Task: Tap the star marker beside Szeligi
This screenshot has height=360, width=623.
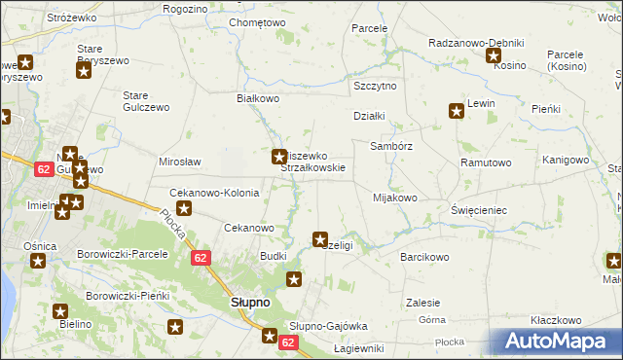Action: [319, 238]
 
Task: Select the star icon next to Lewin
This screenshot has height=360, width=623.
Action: [455, 111]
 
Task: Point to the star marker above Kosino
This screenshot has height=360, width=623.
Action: [494, 54]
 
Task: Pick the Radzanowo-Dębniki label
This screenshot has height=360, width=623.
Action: [477, 43]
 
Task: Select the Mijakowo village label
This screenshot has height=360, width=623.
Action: [394, 198]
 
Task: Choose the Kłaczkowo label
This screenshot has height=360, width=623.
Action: [556, 320]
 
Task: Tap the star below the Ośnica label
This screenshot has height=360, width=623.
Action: [38, 261]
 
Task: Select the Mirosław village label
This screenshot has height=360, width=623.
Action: [179, 162]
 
